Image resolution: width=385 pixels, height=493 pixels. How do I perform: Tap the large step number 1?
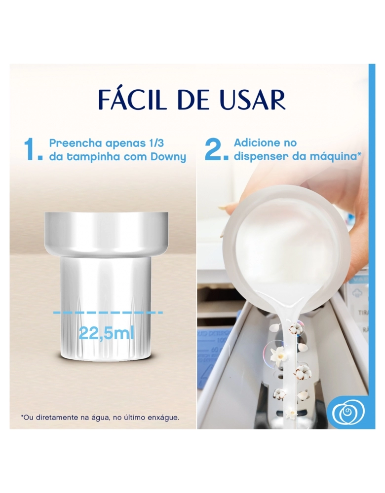coord(33,150)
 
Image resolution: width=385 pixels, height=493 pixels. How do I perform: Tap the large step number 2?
coord(216,150)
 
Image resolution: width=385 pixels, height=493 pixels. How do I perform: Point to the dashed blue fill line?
coord(108,313)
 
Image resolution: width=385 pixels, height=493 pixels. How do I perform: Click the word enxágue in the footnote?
coord(164,418)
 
